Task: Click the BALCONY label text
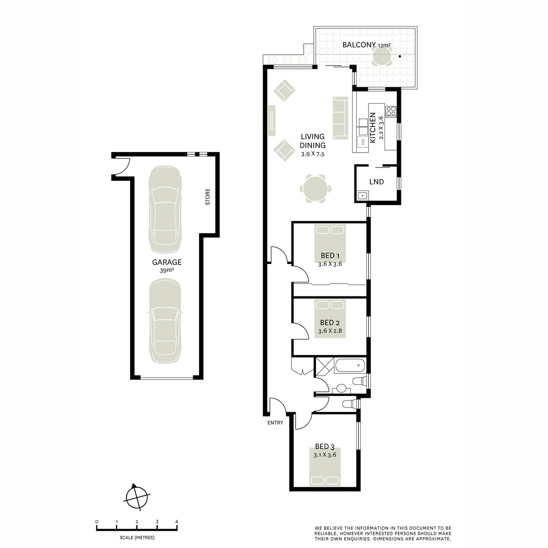[x=358, y=45]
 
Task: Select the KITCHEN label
[x=372, y=128]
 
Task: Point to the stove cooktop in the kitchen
[x=391, y=111]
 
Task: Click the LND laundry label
[x=376, y=182]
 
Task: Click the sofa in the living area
[x=340, y=118]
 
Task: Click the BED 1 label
[x=330, y=256]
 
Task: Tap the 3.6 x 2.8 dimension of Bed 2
[x=330, y=331]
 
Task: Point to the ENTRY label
[x=275, y=423]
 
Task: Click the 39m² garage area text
[x=167, y=270]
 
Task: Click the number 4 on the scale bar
[x=176, y=522]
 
